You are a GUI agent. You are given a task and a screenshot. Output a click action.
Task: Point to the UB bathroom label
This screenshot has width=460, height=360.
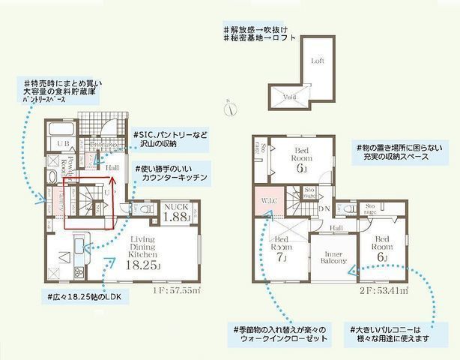64,142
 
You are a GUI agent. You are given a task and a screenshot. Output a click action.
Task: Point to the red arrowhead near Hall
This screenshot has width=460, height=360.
112,180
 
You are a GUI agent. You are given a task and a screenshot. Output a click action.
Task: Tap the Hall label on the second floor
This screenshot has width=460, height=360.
336,228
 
